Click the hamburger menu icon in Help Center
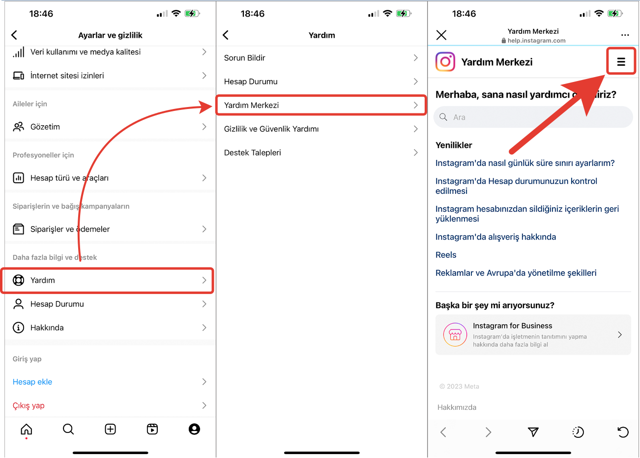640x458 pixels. click(x=621, y=62)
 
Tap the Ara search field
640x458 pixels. click(x=533, y=117)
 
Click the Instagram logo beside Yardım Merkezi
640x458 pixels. click(x=445, y=62)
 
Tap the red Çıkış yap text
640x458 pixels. click(x=29, y=405)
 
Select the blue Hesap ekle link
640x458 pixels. click(x=32, y=382)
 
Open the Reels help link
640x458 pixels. click(x=446, y=255)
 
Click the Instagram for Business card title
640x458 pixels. click(x=512, y=325)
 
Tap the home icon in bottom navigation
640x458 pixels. click(x=26, y=429)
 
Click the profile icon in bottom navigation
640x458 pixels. click(x=194, y=429)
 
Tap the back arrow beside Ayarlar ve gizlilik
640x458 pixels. click(x=14, y=35)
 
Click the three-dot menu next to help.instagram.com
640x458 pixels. click(x=625, y=35)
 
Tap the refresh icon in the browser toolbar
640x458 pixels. click(x=623, y=432)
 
